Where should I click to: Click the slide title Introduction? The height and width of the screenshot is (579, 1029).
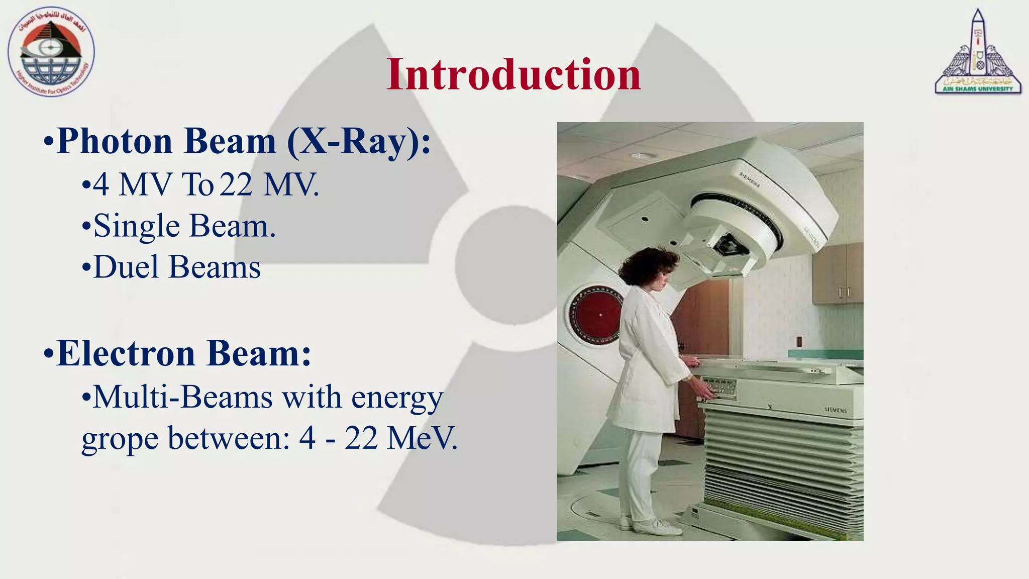coord(513,74)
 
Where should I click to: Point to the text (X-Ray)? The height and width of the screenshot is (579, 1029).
coord(359,141)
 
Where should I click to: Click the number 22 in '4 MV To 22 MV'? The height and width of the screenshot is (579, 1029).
coord(236,184)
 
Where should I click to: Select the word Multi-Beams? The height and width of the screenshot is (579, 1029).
coord(183,397)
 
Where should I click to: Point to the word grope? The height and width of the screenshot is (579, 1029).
coord(120,439)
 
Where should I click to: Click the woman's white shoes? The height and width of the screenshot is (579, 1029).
coord(656,526)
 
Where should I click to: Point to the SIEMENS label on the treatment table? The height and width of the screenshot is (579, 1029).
coord(835,410)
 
